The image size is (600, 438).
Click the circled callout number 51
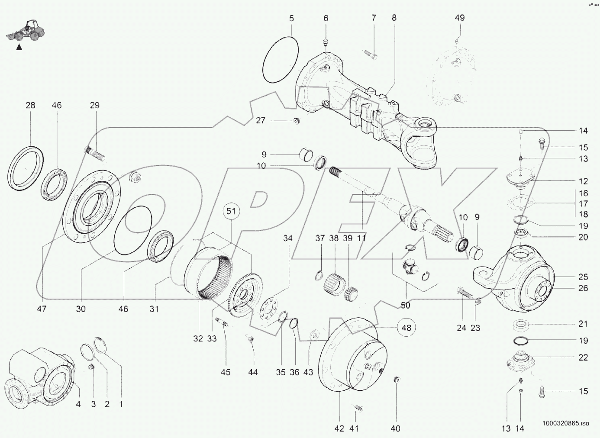(232, 211)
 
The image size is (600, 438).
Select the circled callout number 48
(406, 328)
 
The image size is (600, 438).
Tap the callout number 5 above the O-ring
(291, 18)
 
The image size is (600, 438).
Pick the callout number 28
(30, 105)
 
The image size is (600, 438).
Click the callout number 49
(460, 18)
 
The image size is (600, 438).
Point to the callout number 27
(260, 120)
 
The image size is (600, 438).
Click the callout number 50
(405, 306)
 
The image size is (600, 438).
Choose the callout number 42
(339, 428)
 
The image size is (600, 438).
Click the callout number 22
(583, 357)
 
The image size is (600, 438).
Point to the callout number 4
(78, 405)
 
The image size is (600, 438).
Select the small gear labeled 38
(334, 284)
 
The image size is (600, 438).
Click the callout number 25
(583, 277)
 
